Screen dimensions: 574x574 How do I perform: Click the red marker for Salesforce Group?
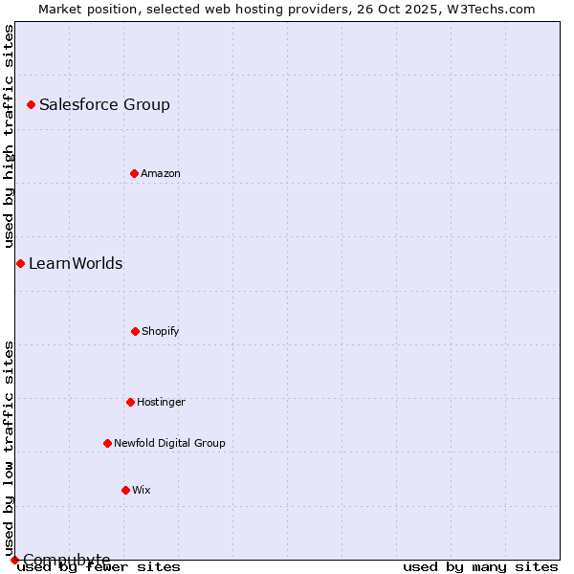coord(31,104)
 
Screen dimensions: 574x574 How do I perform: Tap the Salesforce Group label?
coord(104,105)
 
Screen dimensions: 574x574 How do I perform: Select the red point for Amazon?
coord(134,173)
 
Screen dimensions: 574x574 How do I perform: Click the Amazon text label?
coord(161,174)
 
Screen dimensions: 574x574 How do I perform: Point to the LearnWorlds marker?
coord(20,263)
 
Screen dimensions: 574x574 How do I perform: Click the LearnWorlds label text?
coord(76,264)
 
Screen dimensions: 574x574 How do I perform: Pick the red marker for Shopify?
coord(135,331)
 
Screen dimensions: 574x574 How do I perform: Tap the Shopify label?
coord(161,332)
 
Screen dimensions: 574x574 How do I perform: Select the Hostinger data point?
coord(130,402)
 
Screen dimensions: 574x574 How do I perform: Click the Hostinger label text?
coord(161,403)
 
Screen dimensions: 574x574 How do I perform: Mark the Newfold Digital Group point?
coord(107,443)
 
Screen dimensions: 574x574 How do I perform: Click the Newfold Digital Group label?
coord(169,444)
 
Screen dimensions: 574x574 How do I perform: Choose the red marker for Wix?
coord(125,490)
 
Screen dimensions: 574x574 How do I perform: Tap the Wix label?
coord(142,491)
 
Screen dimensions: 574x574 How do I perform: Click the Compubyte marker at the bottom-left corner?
coord(14,560)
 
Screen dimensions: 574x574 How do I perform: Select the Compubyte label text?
coord(67,560)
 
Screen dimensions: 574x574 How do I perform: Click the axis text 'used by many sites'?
coord(480,567)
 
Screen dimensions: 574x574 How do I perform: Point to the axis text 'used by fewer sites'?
coord(99,567)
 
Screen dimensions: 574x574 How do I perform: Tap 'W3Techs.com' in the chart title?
coord(489,9)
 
